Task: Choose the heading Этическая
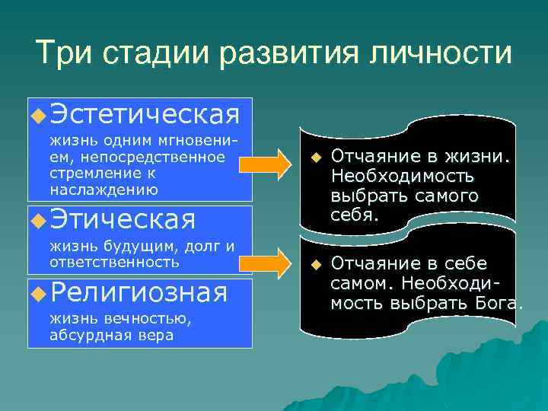tap(122, 220)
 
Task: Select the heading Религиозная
tap(138, 292)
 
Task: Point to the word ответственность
tap(114, 261)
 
